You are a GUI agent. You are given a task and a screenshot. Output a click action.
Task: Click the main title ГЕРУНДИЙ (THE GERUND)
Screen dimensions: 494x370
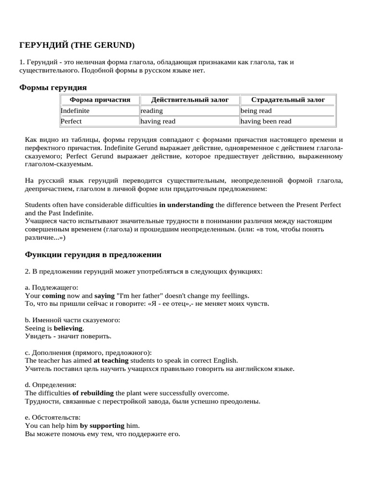[77, 45]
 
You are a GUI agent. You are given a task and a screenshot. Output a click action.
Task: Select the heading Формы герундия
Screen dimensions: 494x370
[53, 87]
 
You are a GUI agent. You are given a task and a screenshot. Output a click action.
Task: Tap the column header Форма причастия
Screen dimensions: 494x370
[100, 100]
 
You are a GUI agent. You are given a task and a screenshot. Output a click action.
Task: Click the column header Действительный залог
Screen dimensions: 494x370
[190, 100]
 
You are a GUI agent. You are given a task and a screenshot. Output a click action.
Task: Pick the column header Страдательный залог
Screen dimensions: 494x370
[288, 100]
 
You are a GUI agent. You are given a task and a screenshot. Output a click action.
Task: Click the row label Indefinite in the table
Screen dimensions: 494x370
[75, 110]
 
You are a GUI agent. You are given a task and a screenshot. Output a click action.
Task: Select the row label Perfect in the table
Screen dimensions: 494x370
[71, 121]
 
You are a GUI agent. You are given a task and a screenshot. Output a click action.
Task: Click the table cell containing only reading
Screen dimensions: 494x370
[152, 110]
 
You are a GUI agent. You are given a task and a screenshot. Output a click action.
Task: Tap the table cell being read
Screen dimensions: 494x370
[256, 110]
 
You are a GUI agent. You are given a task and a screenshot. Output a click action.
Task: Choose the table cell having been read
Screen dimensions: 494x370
[266, 121]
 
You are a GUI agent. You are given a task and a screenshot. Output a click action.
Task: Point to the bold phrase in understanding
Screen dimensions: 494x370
[186, 205]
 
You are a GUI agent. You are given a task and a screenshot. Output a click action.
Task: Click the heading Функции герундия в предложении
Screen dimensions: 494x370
[93, 254]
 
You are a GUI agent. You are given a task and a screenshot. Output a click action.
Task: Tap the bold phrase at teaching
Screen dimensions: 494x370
[111, 360]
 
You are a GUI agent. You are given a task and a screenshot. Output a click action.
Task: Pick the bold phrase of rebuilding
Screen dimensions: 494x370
[93, 393]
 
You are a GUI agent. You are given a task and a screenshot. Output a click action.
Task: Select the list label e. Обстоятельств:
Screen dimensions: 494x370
[53, 417]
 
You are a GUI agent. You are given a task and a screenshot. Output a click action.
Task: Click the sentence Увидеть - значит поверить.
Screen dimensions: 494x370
[68, 336]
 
